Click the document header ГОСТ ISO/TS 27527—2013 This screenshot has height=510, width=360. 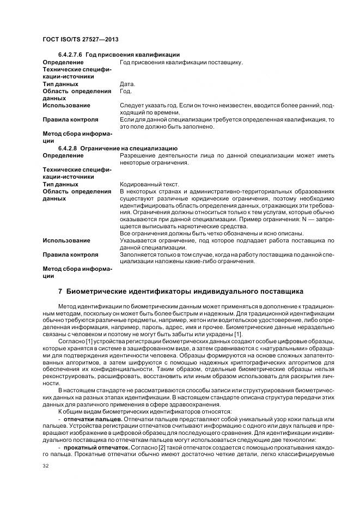coord(80,40)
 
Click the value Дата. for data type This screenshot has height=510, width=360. coord(127,84)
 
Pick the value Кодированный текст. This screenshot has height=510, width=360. coord(149,184)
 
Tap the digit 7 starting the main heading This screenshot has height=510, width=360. coord(60,292)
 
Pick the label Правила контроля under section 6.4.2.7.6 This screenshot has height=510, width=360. coord(70,119)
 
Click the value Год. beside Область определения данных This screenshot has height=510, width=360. coord(125,91)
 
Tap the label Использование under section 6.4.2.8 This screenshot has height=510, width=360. coord(66,240)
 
